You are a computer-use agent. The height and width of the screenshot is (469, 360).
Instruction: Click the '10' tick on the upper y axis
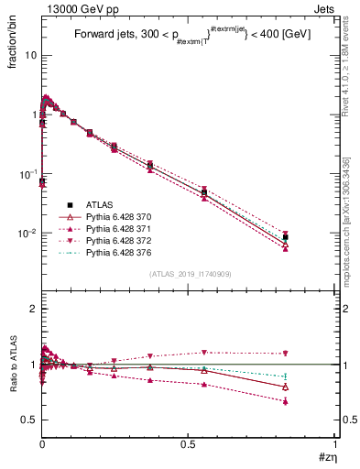coord(31,55)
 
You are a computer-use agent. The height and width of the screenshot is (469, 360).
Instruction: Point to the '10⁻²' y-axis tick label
coord(27,233)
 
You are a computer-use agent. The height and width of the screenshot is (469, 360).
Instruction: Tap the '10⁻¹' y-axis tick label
coord(27,173)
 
